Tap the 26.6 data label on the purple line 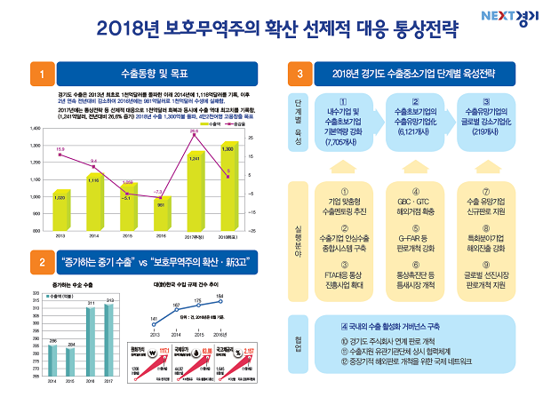(194, 131)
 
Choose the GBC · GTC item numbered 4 (413, 202)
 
